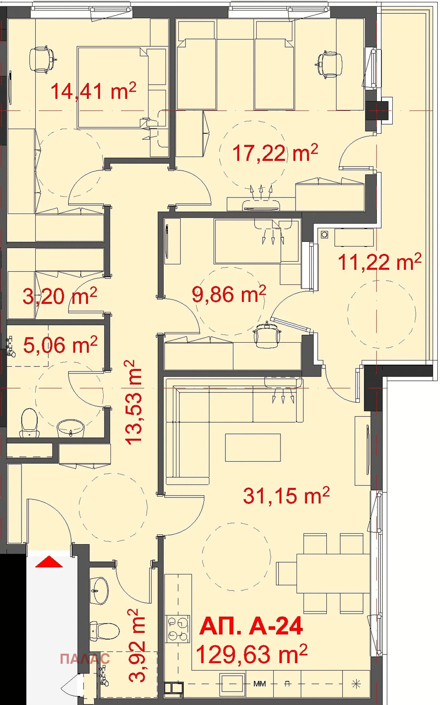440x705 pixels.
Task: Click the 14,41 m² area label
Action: click(x=93, y=91)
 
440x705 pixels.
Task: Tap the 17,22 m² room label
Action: click(x=275, y=153)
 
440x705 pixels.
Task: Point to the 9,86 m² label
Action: click(x=229, y=294)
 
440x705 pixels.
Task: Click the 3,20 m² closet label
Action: click(x=60, y=296)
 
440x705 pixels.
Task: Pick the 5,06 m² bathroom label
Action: click(x=60, y=344)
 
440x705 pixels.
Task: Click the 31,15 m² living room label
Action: click(x=286, y=496)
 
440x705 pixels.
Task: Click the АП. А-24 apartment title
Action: click(x=251, y=626)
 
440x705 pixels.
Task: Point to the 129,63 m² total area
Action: click(x=252, y=654)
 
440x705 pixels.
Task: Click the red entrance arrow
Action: click(x=49, y=562)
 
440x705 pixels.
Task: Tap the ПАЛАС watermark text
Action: click(x=85, y=659)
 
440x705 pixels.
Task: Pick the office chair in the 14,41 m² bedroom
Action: click(x=43, y=60)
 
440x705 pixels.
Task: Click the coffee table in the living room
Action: click(x=253, y=447)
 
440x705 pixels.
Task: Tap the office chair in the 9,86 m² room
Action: click(x=267, y=334)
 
